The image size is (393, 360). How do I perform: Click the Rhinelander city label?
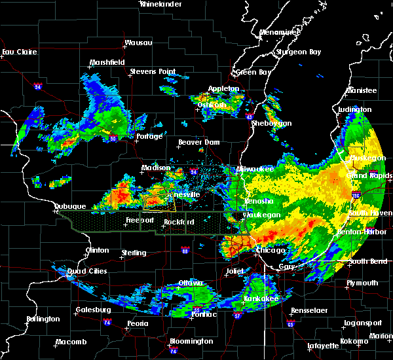161,4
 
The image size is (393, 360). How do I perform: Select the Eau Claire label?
17,52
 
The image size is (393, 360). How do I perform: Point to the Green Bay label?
254,72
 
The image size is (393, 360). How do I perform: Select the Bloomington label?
191,341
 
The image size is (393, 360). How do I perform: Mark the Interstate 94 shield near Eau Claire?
38,86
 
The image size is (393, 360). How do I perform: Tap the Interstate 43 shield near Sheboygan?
250,117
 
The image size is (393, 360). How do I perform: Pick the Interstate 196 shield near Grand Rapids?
373,194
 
